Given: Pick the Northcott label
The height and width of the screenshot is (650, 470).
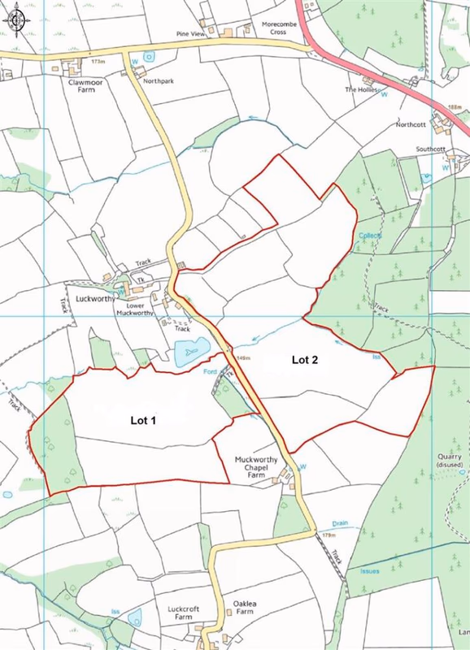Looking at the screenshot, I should (x=411, y=125).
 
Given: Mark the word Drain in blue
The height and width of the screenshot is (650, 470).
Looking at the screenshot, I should (x=340, y=524).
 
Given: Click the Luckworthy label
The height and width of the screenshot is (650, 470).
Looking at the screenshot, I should (x=94, y=298).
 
